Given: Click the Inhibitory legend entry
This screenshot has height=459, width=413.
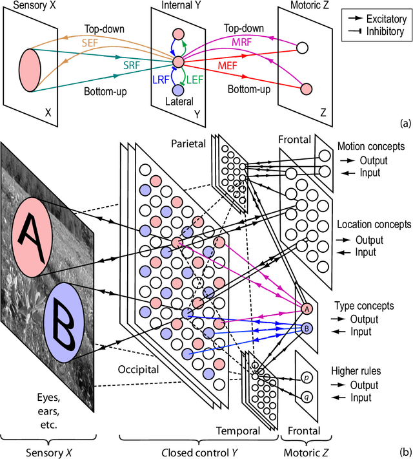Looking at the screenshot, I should coord(377,30).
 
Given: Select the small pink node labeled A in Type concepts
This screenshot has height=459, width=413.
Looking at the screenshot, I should coord(307,309).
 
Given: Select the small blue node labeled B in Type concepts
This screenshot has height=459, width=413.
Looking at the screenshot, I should coord(307,328).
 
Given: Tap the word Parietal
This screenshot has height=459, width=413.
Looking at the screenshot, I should coord(188,142).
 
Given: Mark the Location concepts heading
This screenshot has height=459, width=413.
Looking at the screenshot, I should coord(374,225).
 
